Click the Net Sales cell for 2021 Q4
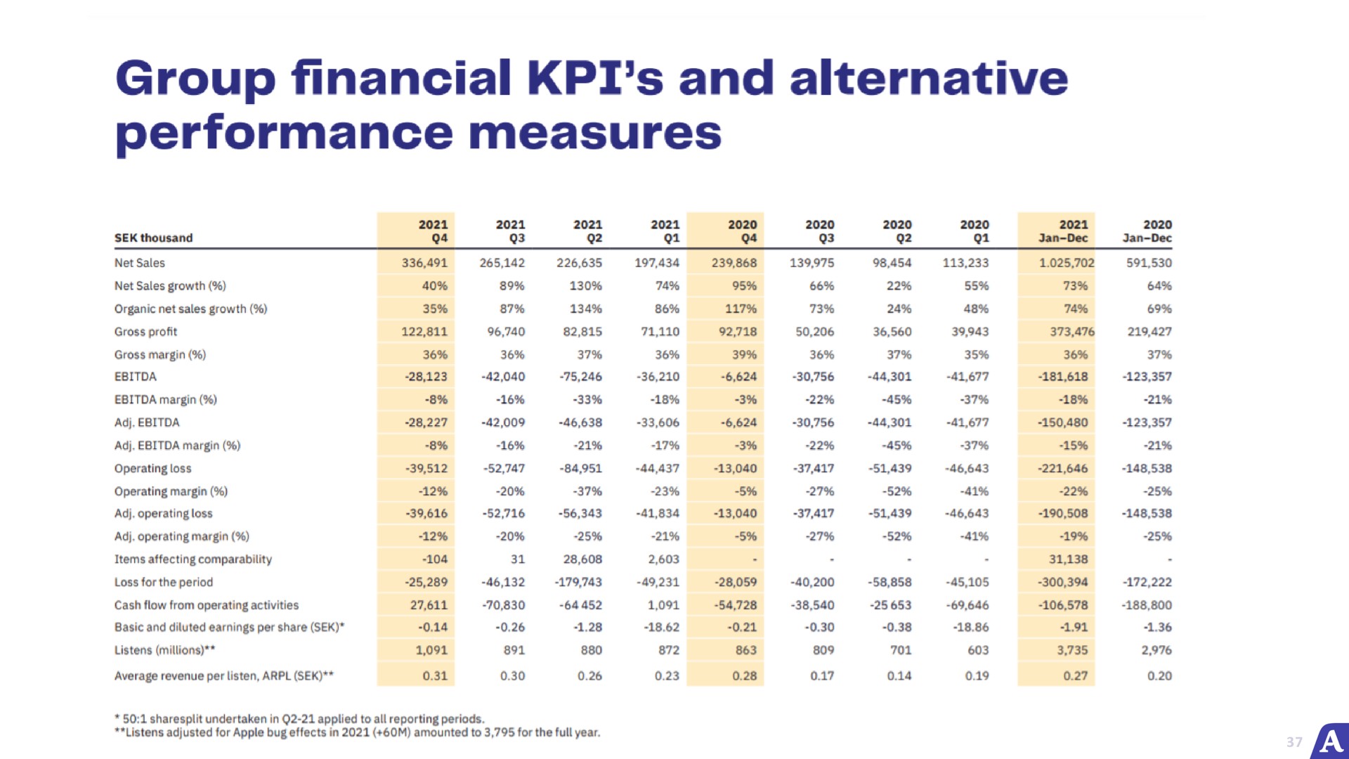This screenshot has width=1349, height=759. pyautogui.click(x=424, y=263)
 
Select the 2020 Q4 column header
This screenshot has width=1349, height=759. pyautogui.click(x=742, y=231)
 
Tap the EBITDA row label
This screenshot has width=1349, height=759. pyautogui.click(x=136, y=377)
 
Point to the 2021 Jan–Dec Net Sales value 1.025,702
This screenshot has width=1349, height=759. pyautogui.click(x=1067, y=263)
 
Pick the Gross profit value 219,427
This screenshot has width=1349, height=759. pyautogui.click(x=1149, y=332)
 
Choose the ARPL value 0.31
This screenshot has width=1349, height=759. pyautogui.click(x=435, y=676)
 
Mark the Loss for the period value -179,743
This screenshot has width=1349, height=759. pyautogui.click(x=578, y=583)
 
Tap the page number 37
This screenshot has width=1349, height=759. pyautogui.click(x=1294, y=742)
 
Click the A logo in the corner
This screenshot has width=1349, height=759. pyautogui.click(x=1331, y=741)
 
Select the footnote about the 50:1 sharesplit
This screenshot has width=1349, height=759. pyautogui.click(x=299, y=719)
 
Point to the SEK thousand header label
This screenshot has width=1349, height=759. pyautogui.click(x=154, y=238)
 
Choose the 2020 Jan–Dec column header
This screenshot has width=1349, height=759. pyautogui.click(x=1147, y=231)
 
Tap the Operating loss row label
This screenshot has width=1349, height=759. pyautogui.click(x=153, y=469)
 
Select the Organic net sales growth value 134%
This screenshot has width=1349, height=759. pyautogui.click(x=585, y=309)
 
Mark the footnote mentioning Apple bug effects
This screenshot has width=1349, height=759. pyautogui.click(x=358, y=732)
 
